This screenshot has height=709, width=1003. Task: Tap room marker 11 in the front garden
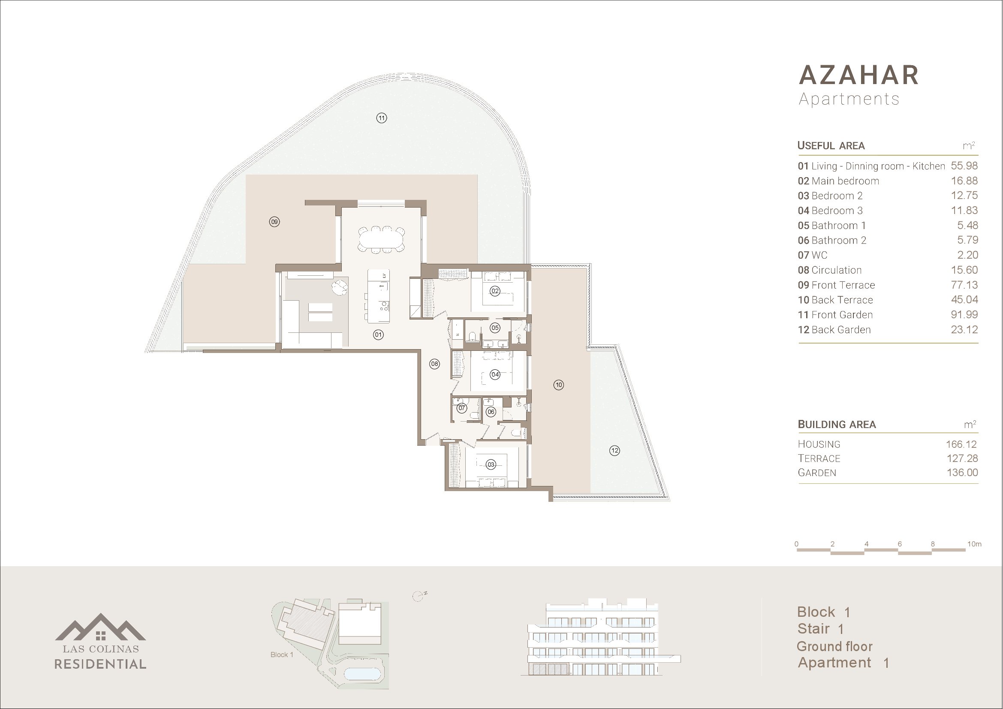(x=381, y=118)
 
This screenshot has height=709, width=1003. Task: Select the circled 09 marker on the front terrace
(x=274, y=222)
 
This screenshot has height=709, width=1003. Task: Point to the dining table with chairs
(x=381, y=239)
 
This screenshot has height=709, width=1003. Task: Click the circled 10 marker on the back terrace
(x=559, y=385)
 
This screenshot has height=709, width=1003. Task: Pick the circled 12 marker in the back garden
(x=614, y=450)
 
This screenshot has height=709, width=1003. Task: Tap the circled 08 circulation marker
(x=434, y=363)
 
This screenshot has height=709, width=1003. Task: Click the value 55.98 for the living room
(x=964, y=166)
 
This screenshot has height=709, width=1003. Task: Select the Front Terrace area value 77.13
(x=964, y=285)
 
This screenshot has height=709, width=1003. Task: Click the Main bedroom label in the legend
(x=845, y=181)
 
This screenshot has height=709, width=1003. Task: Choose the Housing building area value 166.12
(x=961, y=444)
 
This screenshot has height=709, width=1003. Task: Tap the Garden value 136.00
(x=962, y=473)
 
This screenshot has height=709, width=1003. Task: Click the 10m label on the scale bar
(x=974, y=544)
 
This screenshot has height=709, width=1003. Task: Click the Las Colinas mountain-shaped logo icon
(x=100, y=627)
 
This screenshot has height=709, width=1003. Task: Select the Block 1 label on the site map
(x=282, y=655)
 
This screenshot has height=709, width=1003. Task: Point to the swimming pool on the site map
(x=362, y=674)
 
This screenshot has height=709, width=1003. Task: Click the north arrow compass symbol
(x=419, y=596)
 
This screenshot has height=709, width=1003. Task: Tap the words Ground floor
(x=834, y=646)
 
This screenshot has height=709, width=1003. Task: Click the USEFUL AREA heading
(x=831, y=145)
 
